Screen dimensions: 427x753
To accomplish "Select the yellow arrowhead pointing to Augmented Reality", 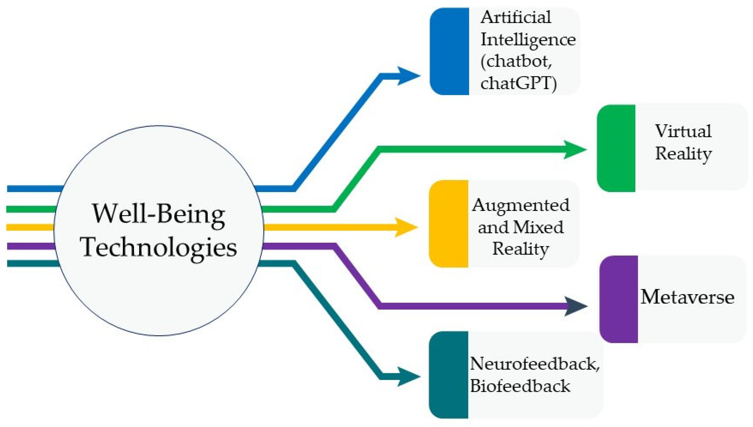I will point(405,227).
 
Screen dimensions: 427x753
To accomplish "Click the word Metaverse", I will point(687,297).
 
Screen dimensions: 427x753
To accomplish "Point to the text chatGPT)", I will point(518,84).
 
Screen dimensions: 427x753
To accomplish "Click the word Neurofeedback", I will point(534,364).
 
